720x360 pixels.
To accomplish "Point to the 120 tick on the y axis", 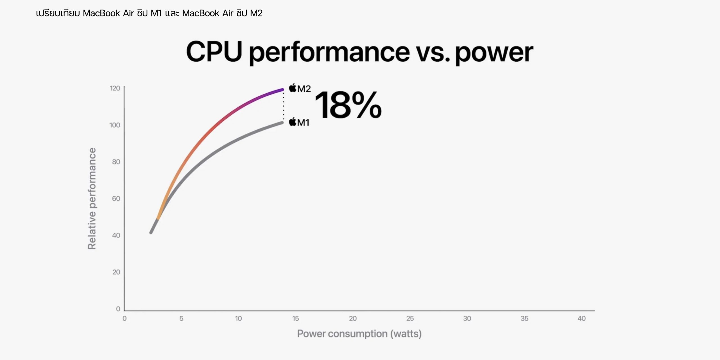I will click(x=115, y=88).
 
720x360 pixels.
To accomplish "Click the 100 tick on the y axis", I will click(x=115, y=125).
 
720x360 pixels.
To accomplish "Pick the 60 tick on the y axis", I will click(x=116, y=199).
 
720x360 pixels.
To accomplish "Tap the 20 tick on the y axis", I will click(x=116, y=272).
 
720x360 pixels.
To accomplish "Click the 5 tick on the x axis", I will click(x=181, y=318).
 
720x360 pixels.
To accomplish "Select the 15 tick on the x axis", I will click(x=295, y=318).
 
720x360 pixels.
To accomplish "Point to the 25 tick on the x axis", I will click(x=410, y=318).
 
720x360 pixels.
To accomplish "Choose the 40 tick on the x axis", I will click(x=581, y=318).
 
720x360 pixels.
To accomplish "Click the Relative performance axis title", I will click(x=92, y=199).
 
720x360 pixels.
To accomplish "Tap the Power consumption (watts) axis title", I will click(x=359, y=334).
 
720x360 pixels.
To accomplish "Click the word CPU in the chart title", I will click(x=214, y=52).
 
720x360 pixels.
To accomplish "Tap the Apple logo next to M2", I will click(x=293, y=88).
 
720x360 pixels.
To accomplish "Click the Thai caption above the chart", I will click(x=149, y=13).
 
